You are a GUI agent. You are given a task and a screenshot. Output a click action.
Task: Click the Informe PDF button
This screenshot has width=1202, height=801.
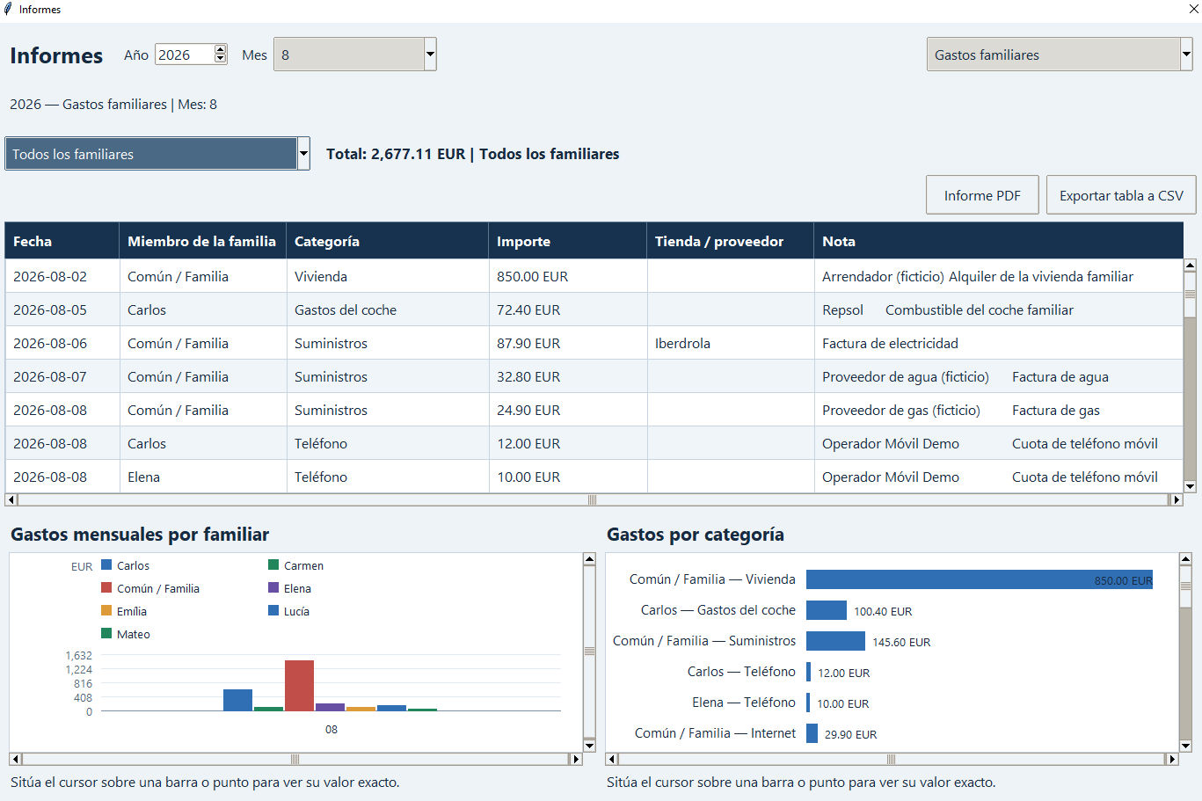(x=982, y=195)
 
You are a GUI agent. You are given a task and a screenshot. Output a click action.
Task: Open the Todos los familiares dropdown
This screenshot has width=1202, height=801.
(x=157, y=154)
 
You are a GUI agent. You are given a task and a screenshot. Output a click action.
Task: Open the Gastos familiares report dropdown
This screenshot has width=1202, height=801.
(x=1060, y=55)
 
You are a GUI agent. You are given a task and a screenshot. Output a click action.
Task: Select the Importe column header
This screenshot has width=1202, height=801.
(x=523, y=242)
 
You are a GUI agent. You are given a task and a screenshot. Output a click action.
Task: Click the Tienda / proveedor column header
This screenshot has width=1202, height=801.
(x=719, y=242)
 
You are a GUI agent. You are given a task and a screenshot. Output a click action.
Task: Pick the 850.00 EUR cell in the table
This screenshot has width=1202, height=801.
(x=532, y=277)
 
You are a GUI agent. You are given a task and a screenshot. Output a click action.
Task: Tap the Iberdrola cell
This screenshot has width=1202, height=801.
(x=682, y=344)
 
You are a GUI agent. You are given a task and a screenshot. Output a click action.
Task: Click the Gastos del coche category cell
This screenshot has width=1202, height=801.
(x=346, y=310)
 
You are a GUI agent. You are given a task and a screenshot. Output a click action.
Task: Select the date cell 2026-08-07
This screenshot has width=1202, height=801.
(x=50, y=376)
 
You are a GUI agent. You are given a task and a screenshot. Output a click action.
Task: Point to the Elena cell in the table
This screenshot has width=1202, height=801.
(x=144, y=477)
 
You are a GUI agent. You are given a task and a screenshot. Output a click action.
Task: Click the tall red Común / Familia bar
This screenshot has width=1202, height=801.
(x=300, y=686)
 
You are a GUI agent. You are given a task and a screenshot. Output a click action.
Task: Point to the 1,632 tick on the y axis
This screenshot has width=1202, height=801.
(x=79, y=656)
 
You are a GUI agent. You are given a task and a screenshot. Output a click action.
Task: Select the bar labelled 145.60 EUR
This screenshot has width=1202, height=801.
(x=835, y=641)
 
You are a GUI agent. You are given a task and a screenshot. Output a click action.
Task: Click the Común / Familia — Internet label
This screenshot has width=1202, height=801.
(x=715, y=733)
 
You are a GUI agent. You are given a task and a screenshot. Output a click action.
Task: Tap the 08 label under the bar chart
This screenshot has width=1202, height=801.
(x=331, y=730)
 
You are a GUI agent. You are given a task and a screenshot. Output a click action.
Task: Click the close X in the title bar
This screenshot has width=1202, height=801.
(x=1194, y=9)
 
